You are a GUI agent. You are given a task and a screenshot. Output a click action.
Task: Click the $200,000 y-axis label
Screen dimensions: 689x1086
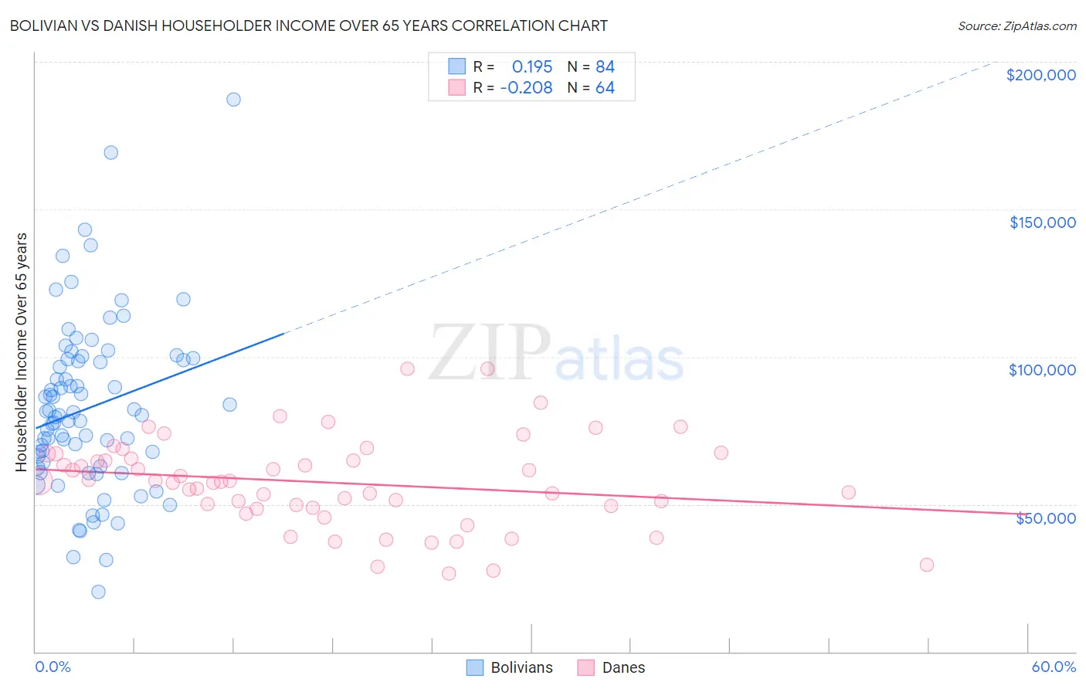pyautogui.click(x=1040, y=75)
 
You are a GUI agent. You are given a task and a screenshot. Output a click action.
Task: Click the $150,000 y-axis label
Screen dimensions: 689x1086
pyautogui.click(x=1042, y=222)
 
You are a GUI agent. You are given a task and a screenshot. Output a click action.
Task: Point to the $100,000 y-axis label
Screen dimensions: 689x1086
pyautogui.click(x=1042, y=370)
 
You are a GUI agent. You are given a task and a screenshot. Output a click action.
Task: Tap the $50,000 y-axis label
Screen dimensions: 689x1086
pyautogui.click(x=1045, y=518)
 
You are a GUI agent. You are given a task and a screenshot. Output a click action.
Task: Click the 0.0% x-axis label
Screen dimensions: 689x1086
pyautogui.click(x=53, y=667)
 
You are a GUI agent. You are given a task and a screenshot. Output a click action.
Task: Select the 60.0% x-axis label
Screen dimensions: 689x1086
pyautogui.click(x=1054, y=667)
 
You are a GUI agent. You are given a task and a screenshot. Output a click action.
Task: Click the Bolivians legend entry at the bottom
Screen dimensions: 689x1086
pyautogui.click(x=510, y=667)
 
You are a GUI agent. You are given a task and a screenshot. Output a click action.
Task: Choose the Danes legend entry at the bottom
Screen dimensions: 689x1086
pyautogui.click(x=611, y=667)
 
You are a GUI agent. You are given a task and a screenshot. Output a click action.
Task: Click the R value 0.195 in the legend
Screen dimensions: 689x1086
pyautogui.click(x=532, y=66)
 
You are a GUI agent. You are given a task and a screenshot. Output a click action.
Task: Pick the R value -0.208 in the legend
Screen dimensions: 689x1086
pyautogui.click(x=526, y=88)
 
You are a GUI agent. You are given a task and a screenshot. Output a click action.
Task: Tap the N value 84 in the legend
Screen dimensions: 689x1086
pyautogui.click(x=605, y=66)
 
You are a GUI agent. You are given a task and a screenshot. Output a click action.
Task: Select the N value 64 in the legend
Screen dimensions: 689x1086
pyautogui.click(x=605, y=88)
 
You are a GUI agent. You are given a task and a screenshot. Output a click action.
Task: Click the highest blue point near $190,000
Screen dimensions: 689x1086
pyautogui.click(x=233, y=100)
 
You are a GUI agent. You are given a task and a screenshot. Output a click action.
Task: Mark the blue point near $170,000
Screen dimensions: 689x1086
pyautogui.click(x=111, y=153)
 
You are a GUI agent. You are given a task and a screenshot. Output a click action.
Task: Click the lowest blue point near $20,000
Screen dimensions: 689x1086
pyautogui.click(x=98, y=592)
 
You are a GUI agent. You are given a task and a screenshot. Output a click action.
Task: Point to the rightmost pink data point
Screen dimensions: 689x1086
pyautogui.click(x=927, y=565)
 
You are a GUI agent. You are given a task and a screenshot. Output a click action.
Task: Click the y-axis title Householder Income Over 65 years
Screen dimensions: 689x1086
pyautogui.click(x=22, y=351)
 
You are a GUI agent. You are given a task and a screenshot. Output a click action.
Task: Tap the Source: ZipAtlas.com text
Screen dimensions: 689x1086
pyautogui.click(x=1016, y=26)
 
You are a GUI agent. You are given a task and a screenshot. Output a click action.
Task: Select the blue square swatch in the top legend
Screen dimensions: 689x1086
pyautogui.click(x=457, y=66)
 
